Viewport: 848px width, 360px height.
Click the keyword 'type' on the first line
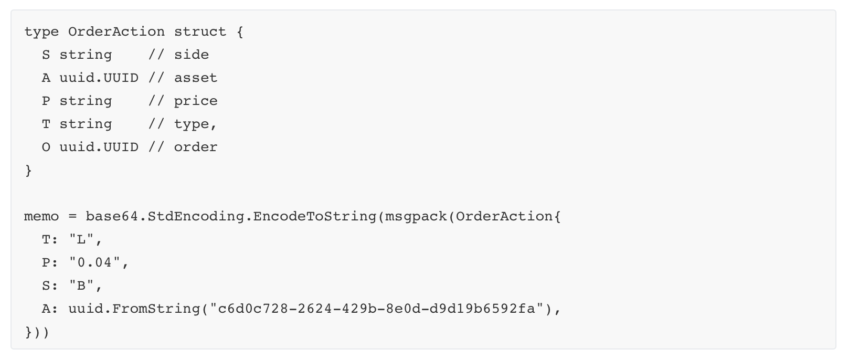[x=41, y=31]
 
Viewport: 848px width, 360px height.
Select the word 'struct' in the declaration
[x=200, y=31]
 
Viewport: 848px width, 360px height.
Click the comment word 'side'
[x=191, y=55]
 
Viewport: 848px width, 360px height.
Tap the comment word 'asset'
[x=195, y=78]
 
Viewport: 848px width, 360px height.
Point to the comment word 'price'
[x=195, y=101]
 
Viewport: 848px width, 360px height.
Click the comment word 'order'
[x=195, y=147]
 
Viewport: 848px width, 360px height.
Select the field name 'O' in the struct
[x=46, y=147]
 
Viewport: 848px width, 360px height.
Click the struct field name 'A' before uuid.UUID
[x=46, y=78]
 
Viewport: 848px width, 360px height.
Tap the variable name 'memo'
[x=41, y=216]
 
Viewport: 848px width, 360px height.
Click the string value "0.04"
[x=94, y=262]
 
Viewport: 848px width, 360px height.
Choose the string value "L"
[x=81, y=239]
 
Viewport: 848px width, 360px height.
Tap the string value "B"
[x=81, y=285]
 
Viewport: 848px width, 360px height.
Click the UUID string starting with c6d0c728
[x=376, y=309]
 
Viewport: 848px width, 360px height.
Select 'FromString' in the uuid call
[x=155, y=309]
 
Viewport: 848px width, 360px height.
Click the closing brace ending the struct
[x=28, y=171]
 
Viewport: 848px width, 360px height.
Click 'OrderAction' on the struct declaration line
[x=116, y=31]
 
